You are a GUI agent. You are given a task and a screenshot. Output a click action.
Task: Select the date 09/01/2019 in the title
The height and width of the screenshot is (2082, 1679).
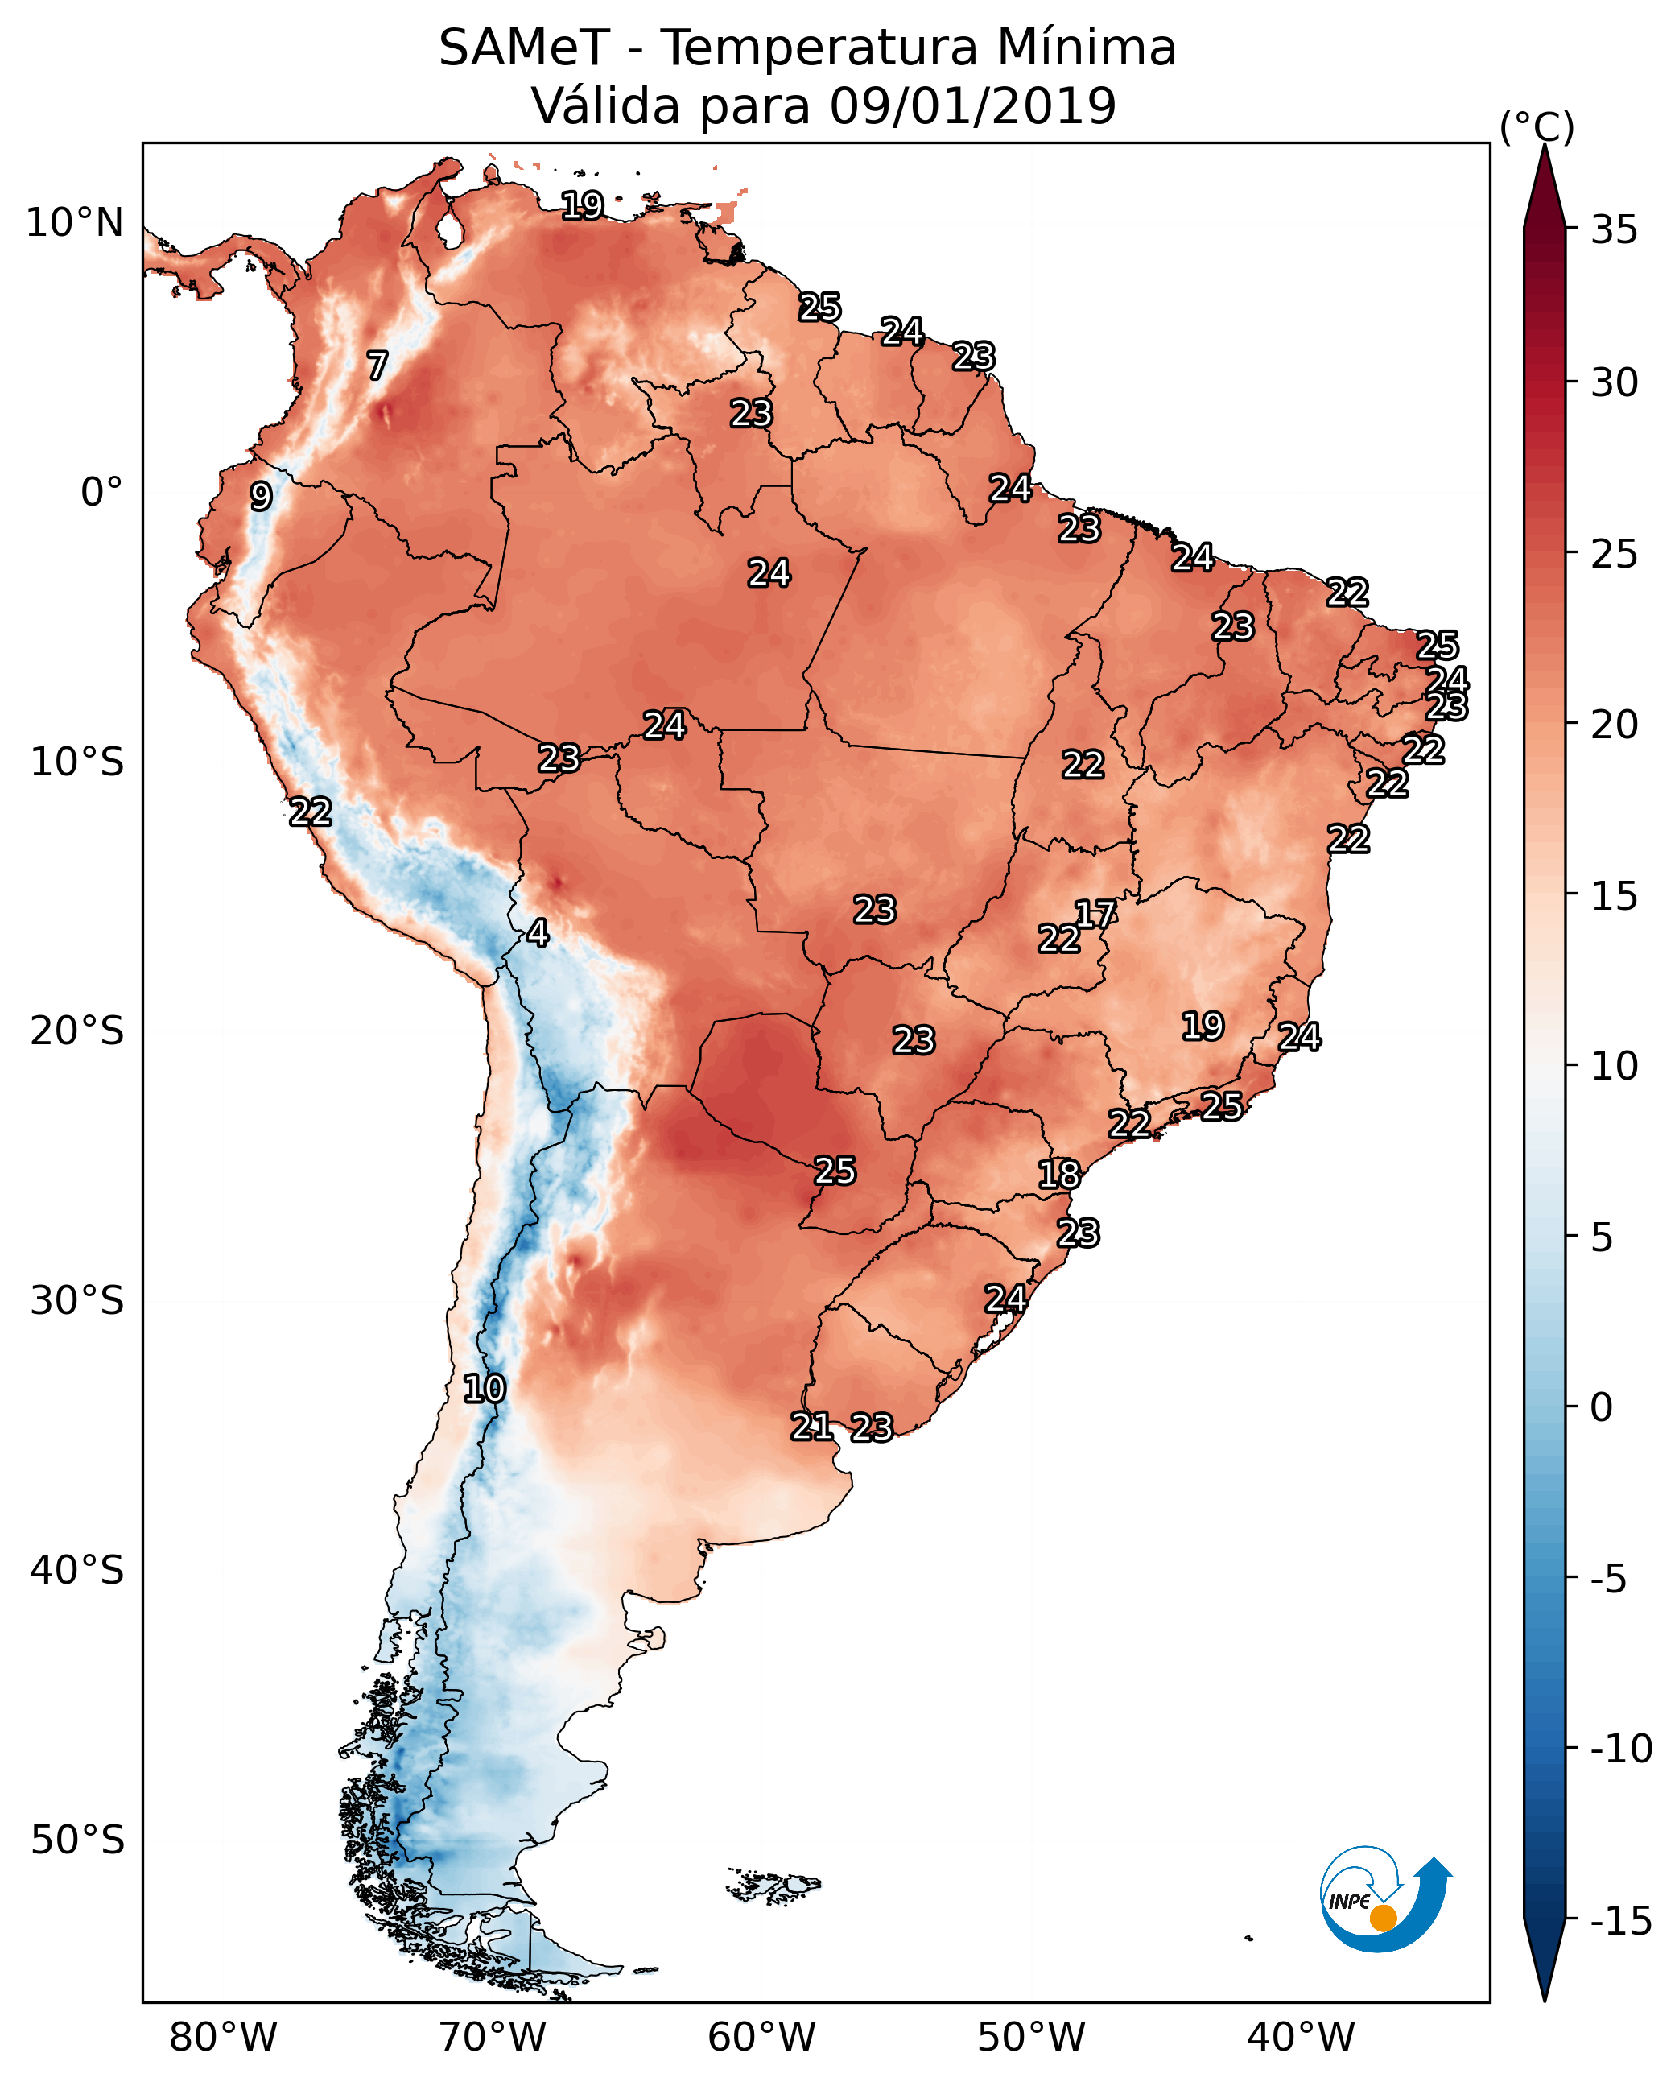tap(972, 106)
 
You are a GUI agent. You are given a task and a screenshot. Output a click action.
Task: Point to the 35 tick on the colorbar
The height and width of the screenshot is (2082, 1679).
tap(1614, 230)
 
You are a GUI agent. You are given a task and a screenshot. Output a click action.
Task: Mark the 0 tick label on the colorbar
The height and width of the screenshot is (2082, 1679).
tap(1602, 1407)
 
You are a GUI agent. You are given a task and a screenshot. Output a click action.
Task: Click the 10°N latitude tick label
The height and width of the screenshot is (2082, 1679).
tap(75, 224)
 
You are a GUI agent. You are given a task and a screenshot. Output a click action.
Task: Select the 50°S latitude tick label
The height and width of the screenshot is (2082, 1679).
tap(77, 1839)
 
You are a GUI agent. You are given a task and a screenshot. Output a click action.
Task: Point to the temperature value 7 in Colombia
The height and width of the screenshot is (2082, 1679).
tap(377, 366)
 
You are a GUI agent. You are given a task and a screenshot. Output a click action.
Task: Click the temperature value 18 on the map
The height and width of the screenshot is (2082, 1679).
tap(1059, 1175)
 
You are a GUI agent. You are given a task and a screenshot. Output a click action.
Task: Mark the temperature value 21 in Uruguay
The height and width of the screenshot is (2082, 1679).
tap(811, 1426)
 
